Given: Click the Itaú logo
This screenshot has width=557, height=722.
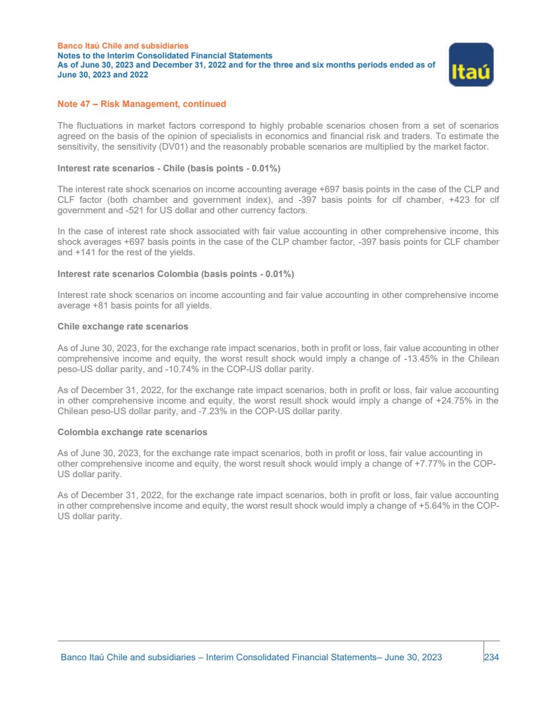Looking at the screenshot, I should click(x=471, y=64).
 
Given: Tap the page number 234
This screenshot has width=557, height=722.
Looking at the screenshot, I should click(x=492, y=657).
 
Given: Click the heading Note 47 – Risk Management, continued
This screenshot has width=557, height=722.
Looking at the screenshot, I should click(x=142, y=104).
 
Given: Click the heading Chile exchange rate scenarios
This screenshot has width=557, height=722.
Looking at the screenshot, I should click(x=123, y=326).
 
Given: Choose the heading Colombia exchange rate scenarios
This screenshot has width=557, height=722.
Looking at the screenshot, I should click(x=133, y=433).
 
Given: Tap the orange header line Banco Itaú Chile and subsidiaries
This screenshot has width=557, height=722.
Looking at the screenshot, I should click(x=123, y=46).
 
